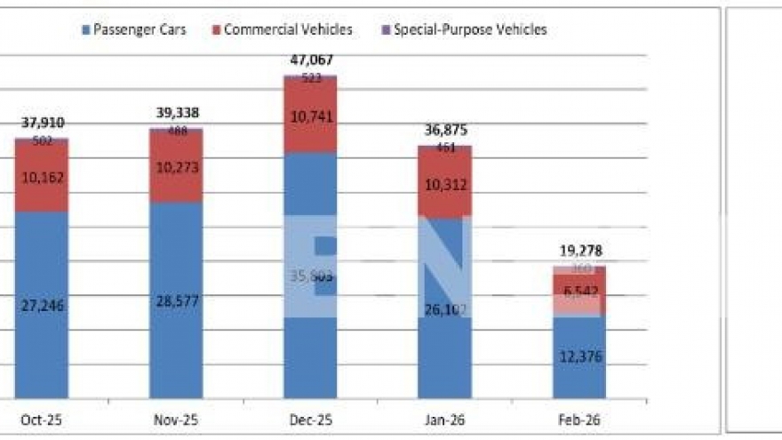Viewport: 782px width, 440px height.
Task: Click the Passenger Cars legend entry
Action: [133, 29]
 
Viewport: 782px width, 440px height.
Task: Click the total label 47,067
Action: [310, 60]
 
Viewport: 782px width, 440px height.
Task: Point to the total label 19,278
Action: [579, 251]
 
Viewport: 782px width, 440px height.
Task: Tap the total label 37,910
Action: [42, 123]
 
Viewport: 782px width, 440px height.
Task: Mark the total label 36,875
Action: [444, 130]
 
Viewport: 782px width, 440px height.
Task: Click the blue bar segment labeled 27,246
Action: [42, 305]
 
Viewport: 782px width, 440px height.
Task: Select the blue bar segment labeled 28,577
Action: [176, 300]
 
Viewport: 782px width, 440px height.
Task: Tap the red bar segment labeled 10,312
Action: [444, 185]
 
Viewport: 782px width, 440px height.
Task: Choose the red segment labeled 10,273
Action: [176, 167]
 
